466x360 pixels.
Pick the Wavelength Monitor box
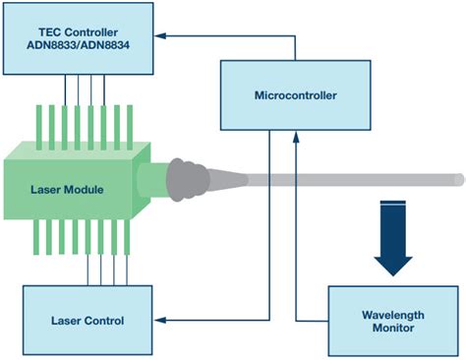[392, 321]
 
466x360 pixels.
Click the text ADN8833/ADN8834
[79, 46]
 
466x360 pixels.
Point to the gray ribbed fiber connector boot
[187, 180]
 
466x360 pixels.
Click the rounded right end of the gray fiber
[457, 179]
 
